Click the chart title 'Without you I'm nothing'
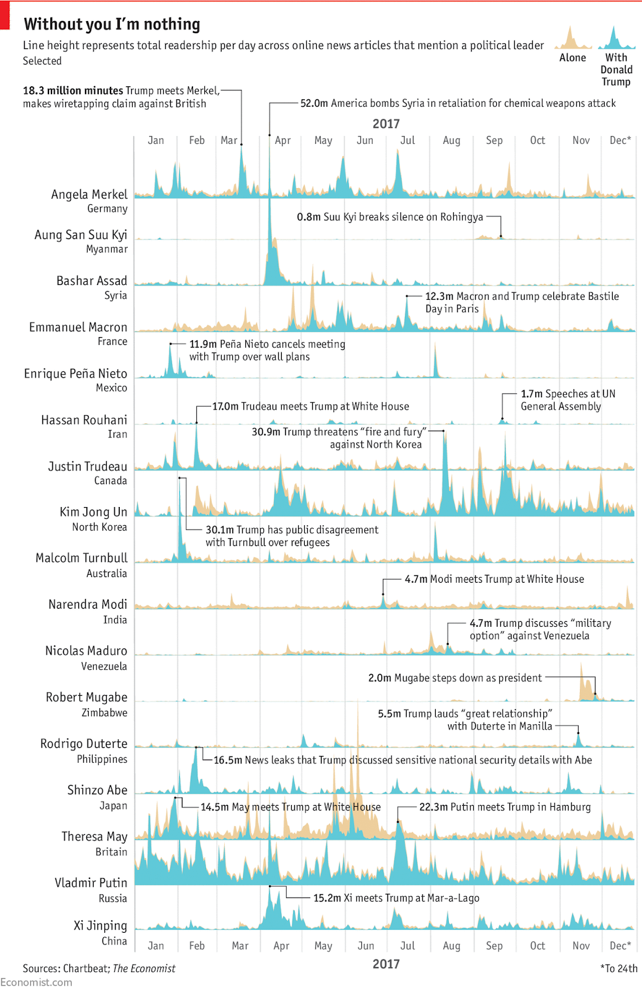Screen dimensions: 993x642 click(x=112, y=24)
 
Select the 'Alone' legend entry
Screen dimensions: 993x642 click(x=572, y=58)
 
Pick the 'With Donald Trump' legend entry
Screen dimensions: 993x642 click(x=616, y=70)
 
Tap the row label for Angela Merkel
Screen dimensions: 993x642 click(x=89, y=195)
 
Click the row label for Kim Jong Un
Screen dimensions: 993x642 click(x=93, y=512)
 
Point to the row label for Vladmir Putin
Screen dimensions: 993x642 click(x=91, y=883)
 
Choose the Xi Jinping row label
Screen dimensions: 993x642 click(x=100, y=925)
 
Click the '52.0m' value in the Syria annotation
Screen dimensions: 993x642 click(x=314, y=104)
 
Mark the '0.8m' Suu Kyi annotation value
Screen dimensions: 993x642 click(x=309, y=217)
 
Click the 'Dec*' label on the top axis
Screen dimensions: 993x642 click(x=620, y=140)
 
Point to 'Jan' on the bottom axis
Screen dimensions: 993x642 click(x=156, y=946)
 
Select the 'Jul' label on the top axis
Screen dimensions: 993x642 click(x=407, y=140)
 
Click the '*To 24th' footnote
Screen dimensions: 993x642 click(x=618, y=968)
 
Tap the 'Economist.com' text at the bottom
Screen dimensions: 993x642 click(x=36, y=982)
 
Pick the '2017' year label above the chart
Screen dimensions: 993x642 click(x=386, y=124)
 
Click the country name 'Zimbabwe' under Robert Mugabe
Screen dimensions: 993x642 click(x=104, y=712)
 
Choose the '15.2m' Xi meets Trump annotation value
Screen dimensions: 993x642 click(x=327, y=898)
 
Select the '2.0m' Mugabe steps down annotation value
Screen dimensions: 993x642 click(x=379, y=678)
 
